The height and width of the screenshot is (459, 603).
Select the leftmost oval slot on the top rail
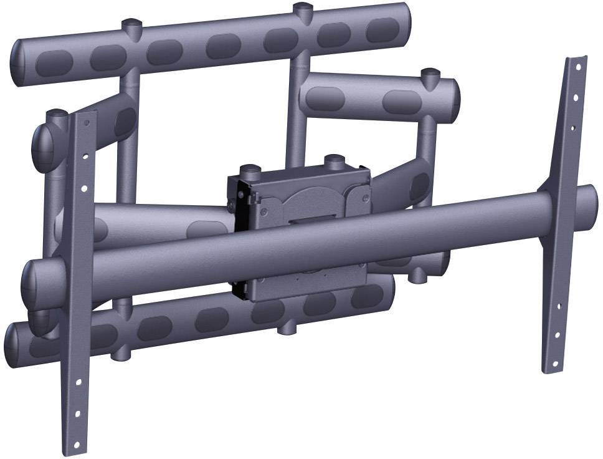[50, 61]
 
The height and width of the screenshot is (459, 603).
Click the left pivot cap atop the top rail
[131, 26]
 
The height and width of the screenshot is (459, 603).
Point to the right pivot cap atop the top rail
[303, 9]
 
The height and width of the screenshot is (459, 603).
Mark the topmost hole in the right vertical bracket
[578, 65]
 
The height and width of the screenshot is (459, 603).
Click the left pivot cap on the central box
[250, 170]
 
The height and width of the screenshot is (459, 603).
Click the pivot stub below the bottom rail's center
[287, 326]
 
